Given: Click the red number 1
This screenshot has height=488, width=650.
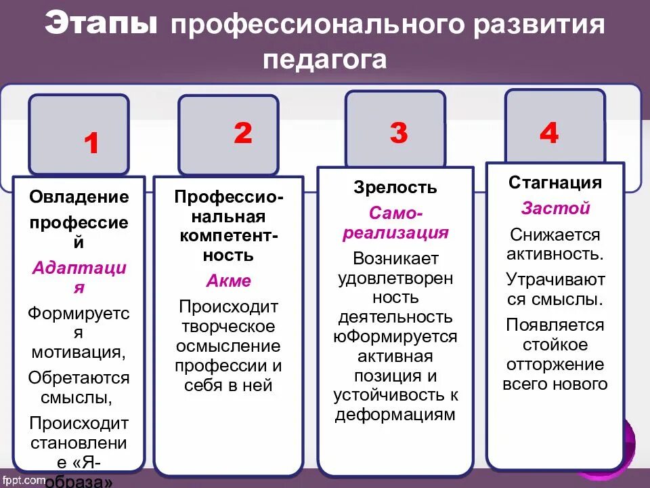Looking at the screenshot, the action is [x=92, y=144].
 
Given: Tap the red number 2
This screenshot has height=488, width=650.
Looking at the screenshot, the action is [x=242, y=133].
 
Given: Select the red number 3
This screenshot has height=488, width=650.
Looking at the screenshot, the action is [x=399, y=133].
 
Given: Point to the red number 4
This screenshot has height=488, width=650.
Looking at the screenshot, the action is [x=549, y=133].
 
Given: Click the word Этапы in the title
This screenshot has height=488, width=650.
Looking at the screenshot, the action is [x=102, y=26].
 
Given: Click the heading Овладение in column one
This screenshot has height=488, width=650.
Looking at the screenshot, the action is [x=79, y=197].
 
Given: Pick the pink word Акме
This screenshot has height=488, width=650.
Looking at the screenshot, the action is [x=228, y=281].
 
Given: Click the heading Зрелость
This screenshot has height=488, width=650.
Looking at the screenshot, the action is [x=395, y=188].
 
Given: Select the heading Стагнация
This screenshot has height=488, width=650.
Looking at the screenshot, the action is [x=555, y=183].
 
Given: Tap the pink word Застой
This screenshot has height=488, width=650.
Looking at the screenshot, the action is [x=555, y=209].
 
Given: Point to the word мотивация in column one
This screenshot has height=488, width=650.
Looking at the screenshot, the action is [x=77, y=352].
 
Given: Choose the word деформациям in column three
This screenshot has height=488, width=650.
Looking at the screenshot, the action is [x=395, y=415].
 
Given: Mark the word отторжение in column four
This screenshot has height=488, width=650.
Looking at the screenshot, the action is [x=555, y=364].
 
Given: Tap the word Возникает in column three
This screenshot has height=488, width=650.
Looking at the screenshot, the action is [x=395, y=258].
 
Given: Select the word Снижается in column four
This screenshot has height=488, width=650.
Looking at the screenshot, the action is [x=555, y=235].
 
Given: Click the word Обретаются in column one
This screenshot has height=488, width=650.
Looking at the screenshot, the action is [x=79, y=378].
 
